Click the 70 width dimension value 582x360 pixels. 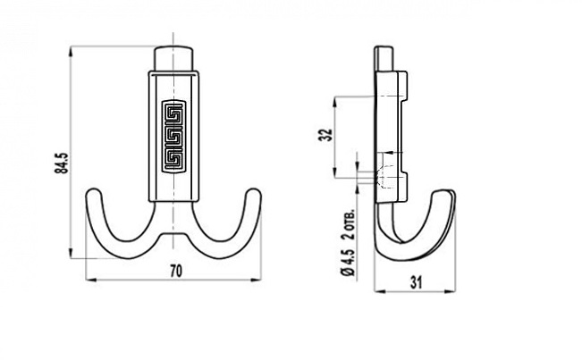176,271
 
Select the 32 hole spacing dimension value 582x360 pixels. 325,135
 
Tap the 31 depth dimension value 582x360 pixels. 416,283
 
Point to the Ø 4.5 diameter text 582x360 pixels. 348,263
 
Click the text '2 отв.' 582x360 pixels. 348,225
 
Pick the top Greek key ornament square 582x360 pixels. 173,113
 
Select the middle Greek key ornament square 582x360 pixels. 173,136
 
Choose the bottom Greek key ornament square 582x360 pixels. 173,158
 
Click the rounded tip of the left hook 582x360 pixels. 93,192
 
